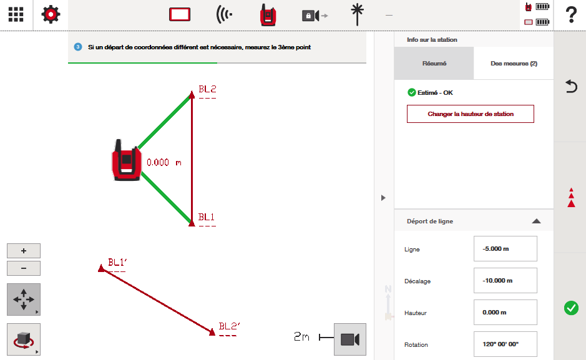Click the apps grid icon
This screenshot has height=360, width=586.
16,14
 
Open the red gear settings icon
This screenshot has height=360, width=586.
51,14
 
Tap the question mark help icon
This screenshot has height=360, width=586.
571,15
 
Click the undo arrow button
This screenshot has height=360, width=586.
571,86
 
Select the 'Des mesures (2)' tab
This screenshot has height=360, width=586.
514,64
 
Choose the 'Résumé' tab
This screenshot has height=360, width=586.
434,64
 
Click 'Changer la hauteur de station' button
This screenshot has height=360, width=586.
470,114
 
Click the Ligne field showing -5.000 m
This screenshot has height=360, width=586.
505,249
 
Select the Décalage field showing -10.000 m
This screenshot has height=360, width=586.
505,281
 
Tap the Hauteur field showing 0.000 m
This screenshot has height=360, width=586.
505,312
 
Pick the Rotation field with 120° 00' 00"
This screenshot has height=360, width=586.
505,344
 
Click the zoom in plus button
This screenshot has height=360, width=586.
24,251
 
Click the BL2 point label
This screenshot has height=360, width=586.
207,89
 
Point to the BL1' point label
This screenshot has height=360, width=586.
117,262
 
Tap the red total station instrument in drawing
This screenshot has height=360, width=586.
126,160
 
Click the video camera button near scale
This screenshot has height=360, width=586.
350,339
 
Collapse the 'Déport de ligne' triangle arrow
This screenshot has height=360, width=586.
536,221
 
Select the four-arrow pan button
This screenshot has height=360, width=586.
24,299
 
